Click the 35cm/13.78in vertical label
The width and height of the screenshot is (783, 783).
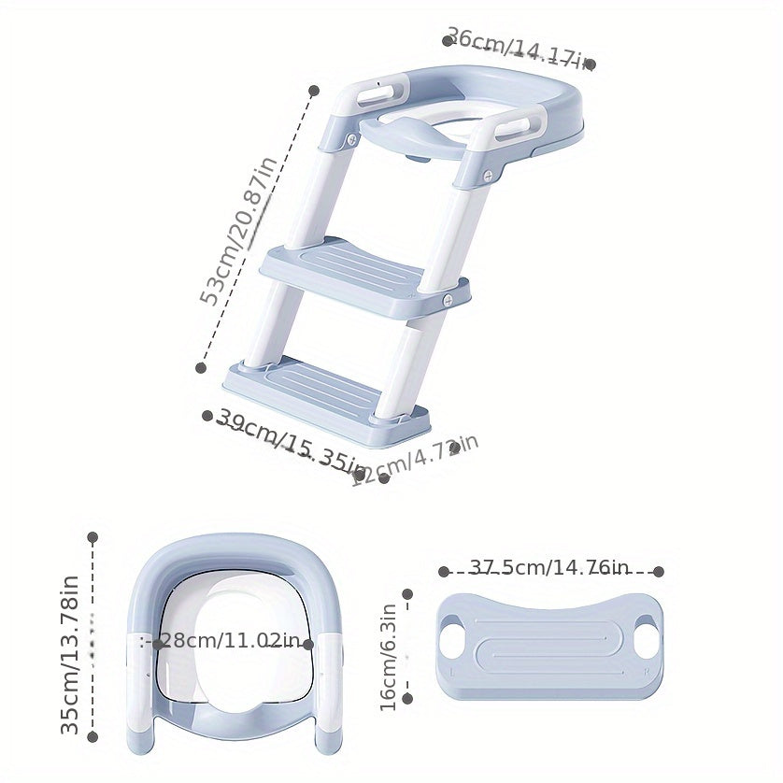(71, 654)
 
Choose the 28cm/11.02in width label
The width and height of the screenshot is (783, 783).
(229, 643)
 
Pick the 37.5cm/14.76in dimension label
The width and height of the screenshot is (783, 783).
(549, 567)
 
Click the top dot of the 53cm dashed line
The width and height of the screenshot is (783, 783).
(314, 91)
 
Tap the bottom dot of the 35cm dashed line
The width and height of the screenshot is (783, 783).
(93, 736)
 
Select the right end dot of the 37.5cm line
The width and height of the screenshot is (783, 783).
(659, 571)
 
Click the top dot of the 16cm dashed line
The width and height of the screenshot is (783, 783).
(407, 593)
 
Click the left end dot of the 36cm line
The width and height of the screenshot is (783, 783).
(448, 40)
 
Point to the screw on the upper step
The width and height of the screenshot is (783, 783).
(448, 299)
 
